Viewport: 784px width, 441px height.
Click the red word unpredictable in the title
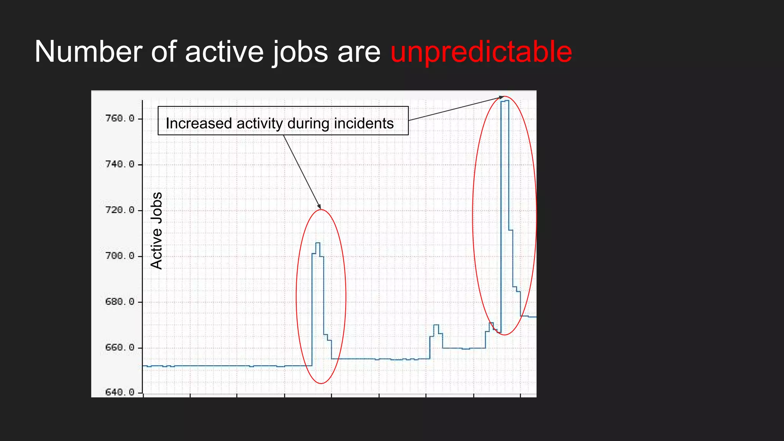click(481, 52)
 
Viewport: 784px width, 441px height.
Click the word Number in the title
click(88, 52)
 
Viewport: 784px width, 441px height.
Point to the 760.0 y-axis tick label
click(120, 118)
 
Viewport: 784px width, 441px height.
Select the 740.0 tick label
click(120, 164)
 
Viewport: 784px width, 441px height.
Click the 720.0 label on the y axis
click(120, 210)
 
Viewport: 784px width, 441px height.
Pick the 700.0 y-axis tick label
click(120, 256)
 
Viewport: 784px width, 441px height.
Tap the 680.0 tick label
click(120, 302)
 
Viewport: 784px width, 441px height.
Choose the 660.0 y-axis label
click(120, 348)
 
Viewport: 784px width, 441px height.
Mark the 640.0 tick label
click(120, 392)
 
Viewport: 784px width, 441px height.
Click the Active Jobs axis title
click(157, 231)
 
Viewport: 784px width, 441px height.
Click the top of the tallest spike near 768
click(505, 101)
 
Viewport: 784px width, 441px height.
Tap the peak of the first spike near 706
click(318, 243)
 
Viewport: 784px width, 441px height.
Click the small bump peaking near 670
click(436, 325)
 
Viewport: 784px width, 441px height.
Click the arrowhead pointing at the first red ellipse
click(319, 207)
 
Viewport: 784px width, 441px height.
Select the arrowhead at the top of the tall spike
click(501, 97)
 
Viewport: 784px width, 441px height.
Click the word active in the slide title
click(224, 52)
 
